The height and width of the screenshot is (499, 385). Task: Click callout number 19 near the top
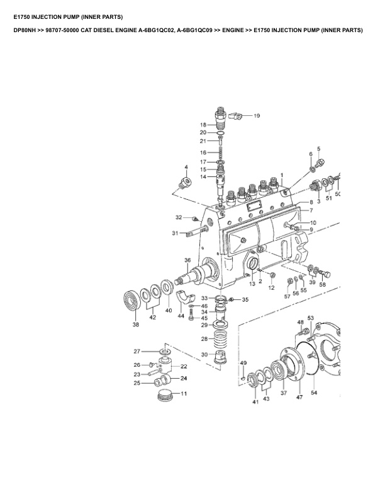(257, 116)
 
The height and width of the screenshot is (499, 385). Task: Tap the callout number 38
(135, 325)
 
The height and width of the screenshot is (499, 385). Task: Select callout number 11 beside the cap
(184, 394)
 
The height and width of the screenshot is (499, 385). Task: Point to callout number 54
(314, 393)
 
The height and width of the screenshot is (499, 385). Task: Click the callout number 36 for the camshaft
(187, 260)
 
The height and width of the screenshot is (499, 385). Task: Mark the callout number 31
(176, 233)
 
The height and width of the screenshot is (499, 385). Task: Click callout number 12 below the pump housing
(272, 287)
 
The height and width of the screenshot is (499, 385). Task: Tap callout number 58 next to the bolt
(323, 285)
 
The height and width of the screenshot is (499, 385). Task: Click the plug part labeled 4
(184, 184)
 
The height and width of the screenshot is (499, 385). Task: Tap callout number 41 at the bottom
(255, 401)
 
